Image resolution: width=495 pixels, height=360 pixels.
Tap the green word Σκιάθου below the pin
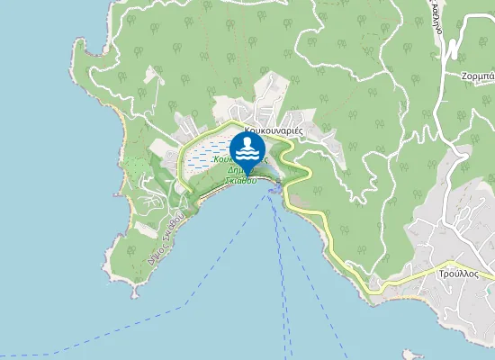241,180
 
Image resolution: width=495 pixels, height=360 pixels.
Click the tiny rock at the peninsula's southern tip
134,292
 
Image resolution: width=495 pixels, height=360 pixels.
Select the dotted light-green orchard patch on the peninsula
135,166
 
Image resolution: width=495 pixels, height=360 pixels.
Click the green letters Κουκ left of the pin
222,158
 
